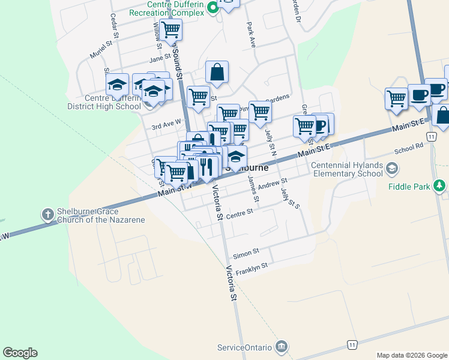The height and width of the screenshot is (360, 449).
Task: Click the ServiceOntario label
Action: (x=245, y=347)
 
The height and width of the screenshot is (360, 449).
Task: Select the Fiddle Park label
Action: (x=409, y=187)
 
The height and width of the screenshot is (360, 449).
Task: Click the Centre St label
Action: (x=240, y=212)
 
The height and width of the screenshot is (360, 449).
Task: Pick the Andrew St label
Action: (x=273, y=181)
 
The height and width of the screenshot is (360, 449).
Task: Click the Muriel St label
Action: (x=101, y=47)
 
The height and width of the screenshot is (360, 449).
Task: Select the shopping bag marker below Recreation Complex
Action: (x=217, y=72)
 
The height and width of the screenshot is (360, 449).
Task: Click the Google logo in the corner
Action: (x=20, y=353)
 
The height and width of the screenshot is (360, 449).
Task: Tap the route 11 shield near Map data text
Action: (x=352, y=344)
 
